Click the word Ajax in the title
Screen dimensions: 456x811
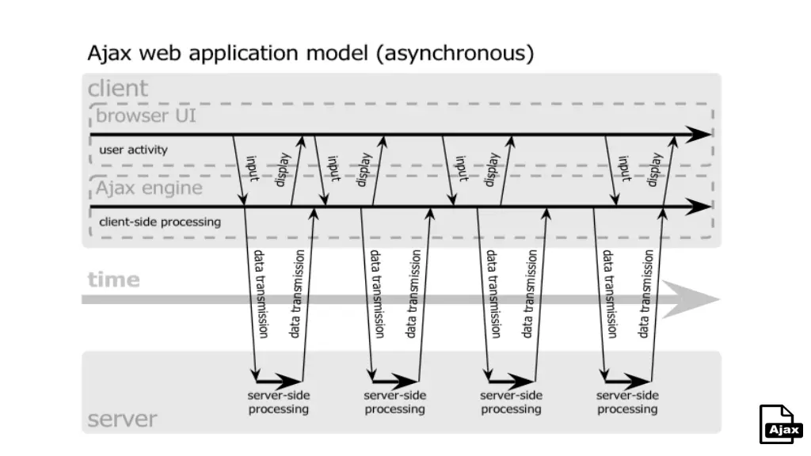(x=108, y=55)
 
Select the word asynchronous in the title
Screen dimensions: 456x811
(x=455, y=55)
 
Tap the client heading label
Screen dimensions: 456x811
(x=118, y=88)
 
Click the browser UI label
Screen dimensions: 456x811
(x=146, y=117)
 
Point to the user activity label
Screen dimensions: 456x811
(x=133, y=149)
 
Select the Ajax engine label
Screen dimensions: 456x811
(x=149, y=189)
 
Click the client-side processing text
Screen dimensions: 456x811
(x=160, y=222)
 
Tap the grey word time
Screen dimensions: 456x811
(x=113, y=279)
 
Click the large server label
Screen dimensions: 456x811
(x=122, y=419)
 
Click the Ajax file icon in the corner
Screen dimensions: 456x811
(x=781, y=425)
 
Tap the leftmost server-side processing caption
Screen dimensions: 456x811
(x=278, y=402)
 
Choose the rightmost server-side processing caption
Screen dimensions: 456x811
(x=627, y=402)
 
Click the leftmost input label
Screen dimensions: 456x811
(x=253, y=168)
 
